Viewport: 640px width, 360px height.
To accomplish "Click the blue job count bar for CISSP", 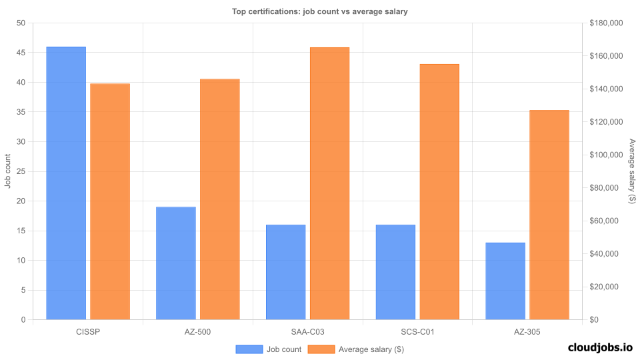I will pos(66,183).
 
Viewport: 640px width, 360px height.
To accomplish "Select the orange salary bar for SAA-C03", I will pos(329,183).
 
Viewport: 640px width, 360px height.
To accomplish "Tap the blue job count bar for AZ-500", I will pos(176,263).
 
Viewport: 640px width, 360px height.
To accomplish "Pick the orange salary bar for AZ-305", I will pos(549,215).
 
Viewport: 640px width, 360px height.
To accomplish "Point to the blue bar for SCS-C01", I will pos(395,272).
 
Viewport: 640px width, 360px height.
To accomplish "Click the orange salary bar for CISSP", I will pos(110,201).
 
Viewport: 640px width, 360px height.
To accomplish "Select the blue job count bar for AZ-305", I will pos(505,281).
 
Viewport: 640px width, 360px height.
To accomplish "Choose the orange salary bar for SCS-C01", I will pos(439,192).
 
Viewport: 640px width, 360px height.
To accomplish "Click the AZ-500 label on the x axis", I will pos(198,331).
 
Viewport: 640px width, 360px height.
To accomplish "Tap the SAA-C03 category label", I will pos(307,331).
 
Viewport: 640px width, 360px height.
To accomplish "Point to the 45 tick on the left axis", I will pos(21,53).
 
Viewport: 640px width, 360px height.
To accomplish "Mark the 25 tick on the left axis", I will pos(21,171).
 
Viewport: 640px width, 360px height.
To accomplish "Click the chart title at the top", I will pos(319,11).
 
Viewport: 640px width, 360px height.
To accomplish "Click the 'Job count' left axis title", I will pos(7,171).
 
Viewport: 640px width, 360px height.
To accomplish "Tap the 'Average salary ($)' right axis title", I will pos(632,171).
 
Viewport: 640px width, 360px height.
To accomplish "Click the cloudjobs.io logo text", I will pos(600,347).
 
